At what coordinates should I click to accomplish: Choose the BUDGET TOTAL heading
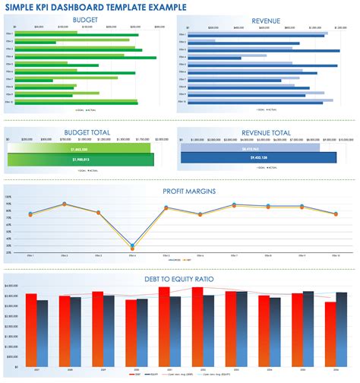point(87,132)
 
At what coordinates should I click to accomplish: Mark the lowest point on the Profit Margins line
point(132,246)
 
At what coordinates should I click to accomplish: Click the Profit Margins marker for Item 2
point(65,204)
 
